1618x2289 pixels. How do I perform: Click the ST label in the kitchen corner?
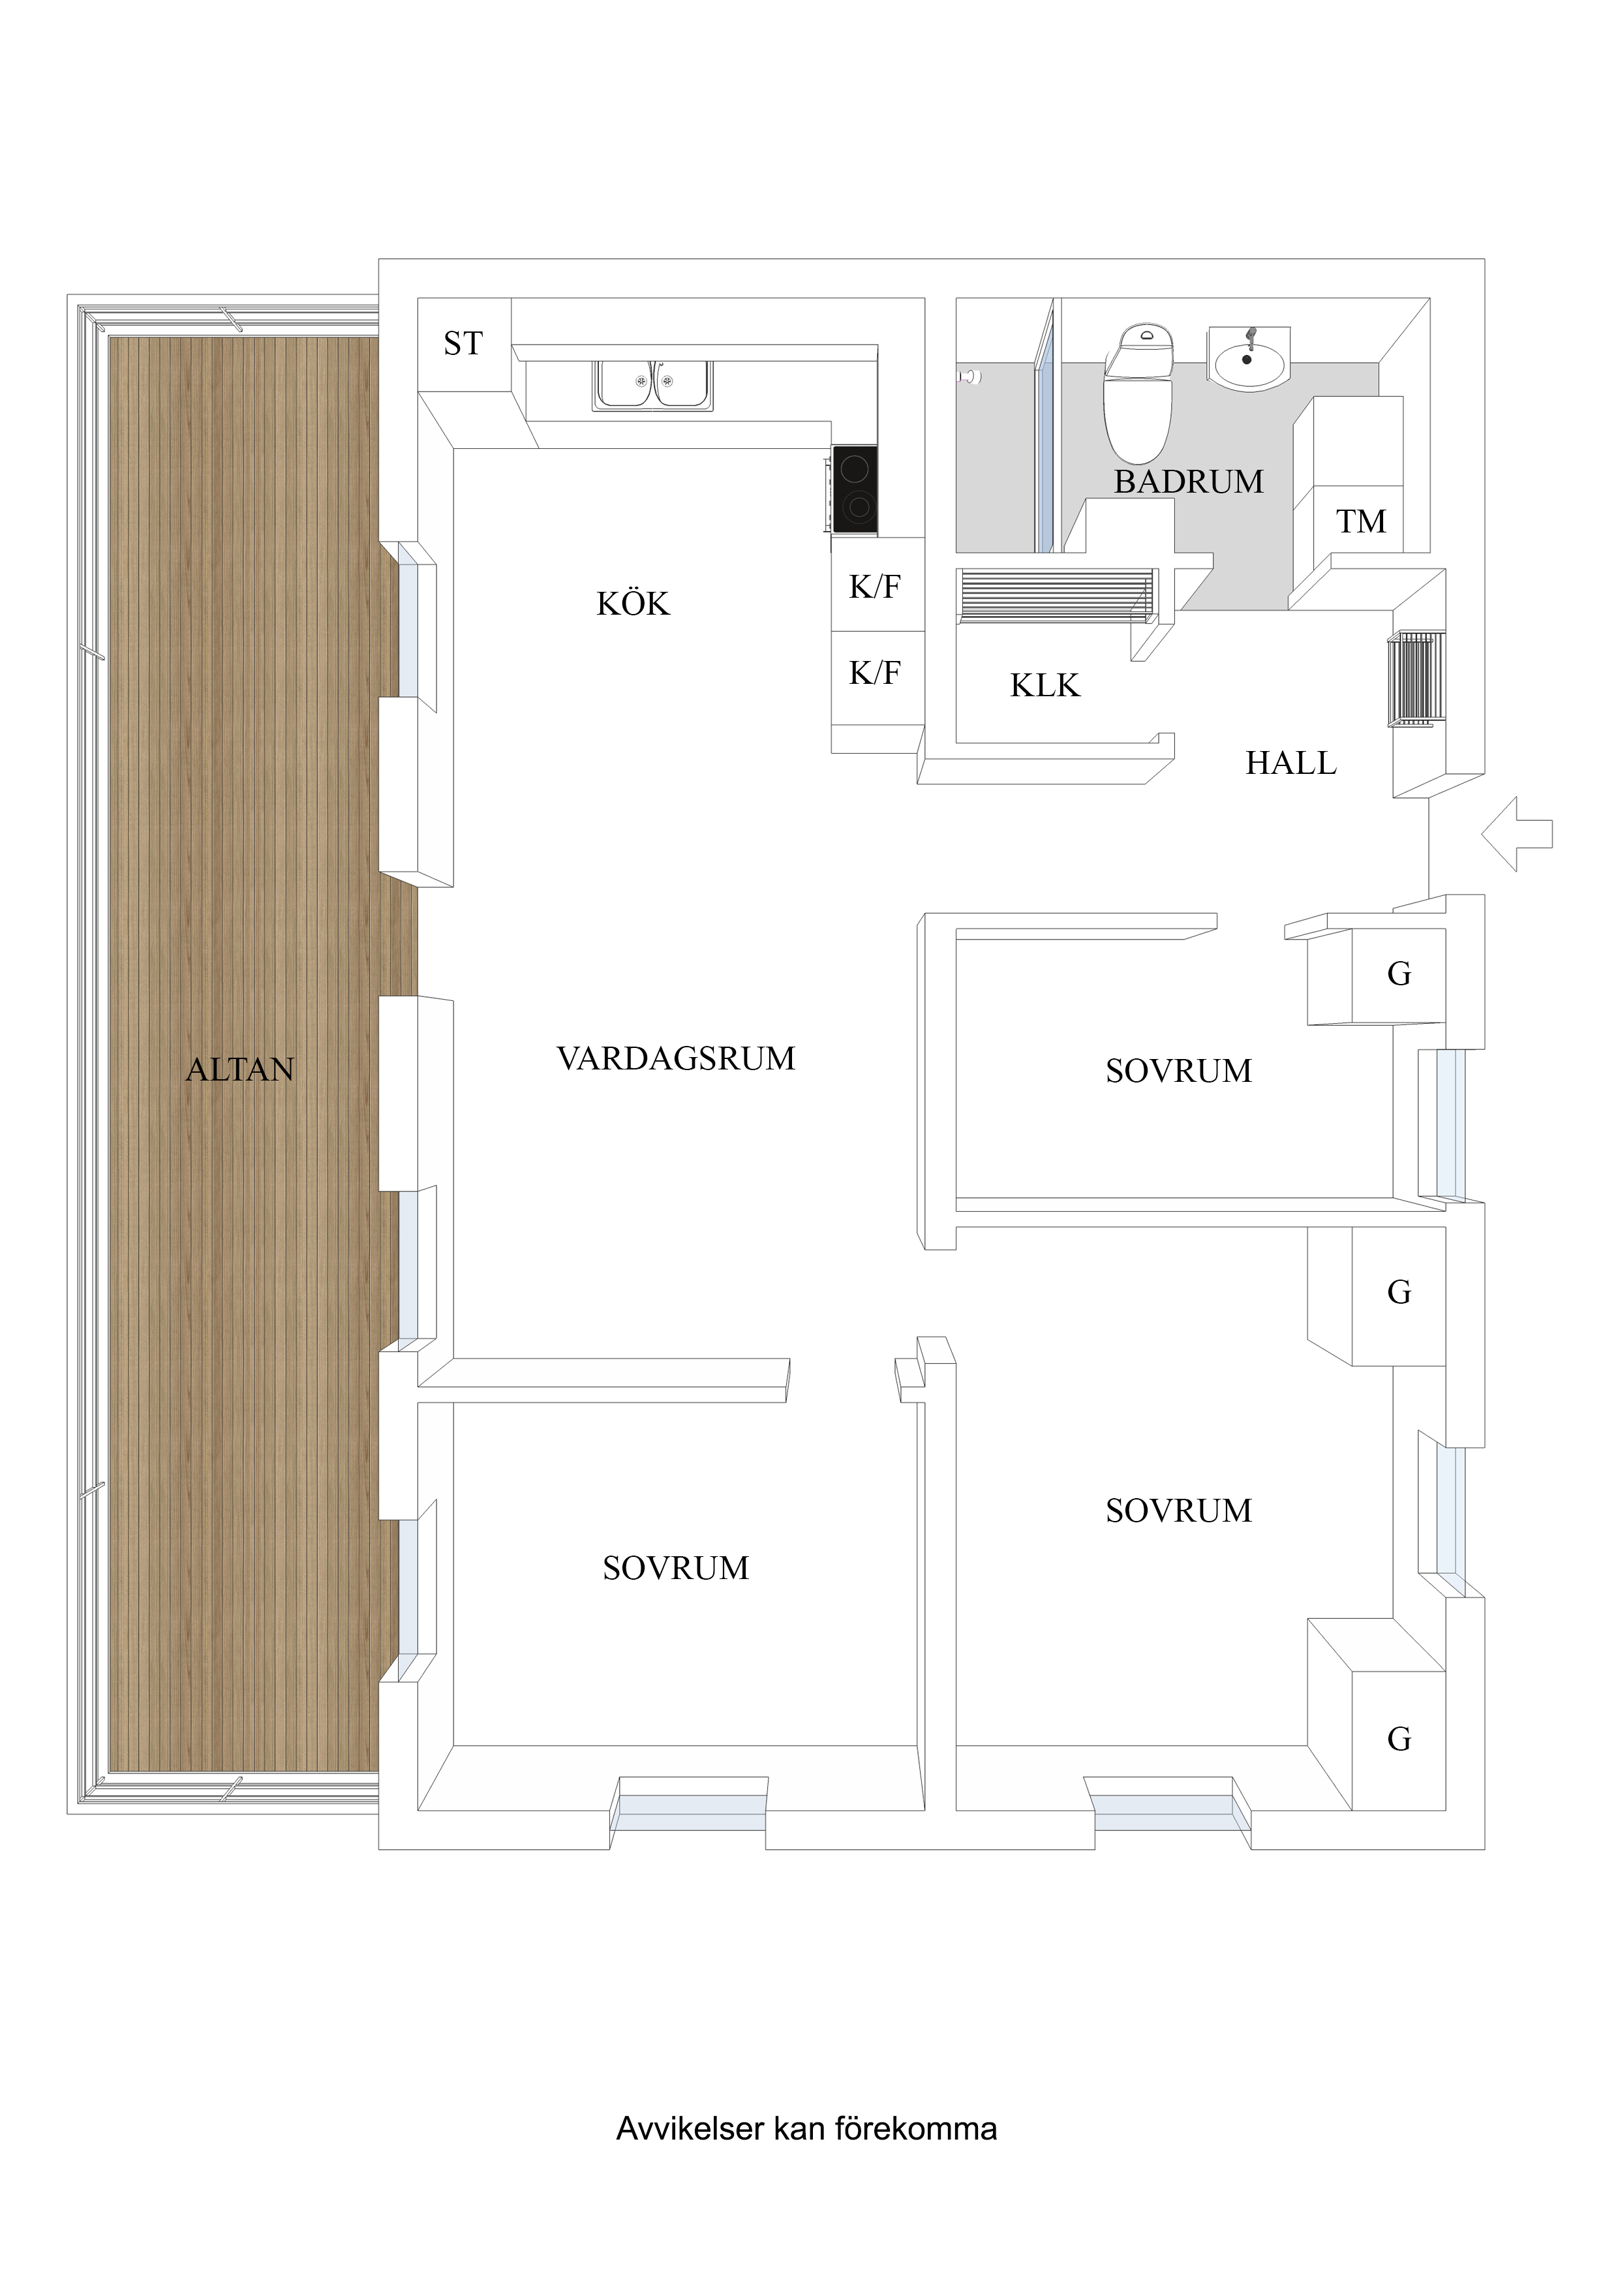pos(463,344)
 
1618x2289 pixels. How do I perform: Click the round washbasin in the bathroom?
pos(1247,359)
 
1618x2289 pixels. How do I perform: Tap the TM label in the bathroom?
pos(1361,521)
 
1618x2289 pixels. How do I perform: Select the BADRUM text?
pos(1188,482)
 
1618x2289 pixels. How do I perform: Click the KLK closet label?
pos(1045,686)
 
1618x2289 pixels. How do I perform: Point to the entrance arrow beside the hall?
pos(1516,833)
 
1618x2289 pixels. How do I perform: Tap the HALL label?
pos(1290,763)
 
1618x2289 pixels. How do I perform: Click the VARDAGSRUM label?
pos(676,1059)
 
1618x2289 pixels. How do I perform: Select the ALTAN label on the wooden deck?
pos(240,1069)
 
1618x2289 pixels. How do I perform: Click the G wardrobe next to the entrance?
pos(1399,974)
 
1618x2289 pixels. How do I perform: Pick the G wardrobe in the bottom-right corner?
pos(1399,1740)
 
